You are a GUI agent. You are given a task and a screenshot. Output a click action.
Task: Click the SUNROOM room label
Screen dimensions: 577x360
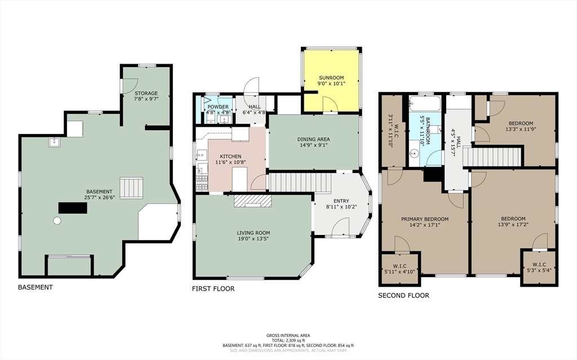click(x=331, y=78)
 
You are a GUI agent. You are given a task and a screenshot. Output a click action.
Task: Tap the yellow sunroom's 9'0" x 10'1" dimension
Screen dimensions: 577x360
click(x=331, y=83)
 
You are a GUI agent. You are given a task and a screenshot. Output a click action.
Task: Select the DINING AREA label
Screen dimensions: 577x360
click(x=313, y=139)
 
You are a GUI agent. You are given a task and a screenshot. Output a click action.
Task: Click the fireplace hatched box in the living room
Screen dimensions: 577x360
click(x=252, y=201)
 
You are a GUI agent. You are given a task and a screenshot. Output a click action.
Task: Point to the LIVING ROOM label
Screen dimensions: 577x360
click(x=253, y=233)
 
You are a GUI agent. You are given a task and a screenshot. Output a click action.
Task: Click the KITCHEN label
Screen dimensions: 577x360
click(x=230, y=157)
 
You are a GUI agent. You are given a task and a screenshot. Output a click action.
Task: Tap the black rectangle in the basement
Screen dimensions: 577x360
click(x=73, y=208)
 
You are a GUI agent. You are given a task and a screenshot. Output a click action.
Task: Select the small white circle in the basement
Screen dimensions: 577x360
click(x=57, y=220)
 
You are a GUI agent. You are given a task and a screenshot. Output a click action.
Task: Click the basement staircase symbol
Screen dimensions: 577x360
click(x=131, y=188)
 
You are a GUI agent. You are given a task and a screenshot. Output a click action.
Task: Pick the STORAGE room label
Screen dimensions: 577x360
click(x=146, y=93)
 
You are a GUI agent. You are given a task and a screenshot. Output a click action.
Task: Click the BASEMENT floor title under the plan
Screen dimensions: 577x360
click(x=35, y=287)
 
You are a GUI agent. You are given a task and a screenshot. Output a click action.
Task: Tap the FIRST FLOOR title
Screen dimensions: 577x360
click(x=213, y=288)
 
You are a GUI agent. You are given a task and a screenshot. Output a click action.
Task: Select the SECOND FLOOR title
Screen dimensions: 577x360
click(x=403, y=295)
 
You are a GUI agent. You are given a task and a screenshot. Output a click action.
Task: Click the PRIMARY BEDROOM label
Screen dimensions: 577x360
click(x=425, y=219)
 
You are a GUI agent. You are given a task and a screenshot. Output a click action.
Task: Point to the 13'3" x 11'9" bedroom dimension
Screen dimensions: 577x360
click(x=521, y=129)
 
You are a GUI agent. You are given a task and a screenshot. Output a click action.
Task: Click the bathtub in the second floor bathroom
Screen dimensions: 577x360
click(x=425, y=103)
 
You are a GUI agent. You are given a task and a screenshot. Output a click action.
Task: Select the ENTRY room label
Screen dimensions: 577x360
click(x=341, y=201)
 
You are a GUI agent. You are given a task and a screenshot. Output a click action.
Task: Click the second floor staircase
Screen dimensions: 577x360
click(x=492, y=157)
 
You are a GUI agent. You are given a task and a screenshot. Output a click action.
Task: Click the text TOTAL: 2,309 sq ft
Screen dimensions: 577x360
click(x=288, y=340)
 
